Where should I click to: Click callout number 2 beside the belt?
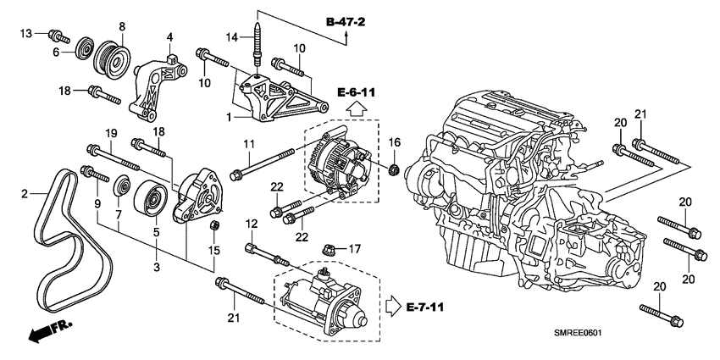pos(25,194)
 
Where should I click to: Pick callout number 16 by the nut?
pos(393,141)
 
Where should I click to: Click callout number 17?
pos(355,249)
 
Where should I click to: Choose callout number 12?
pos(250,224)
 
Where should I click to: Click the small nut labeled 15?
pos(216,227)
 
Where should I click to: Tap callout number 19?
pos(110,133)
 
